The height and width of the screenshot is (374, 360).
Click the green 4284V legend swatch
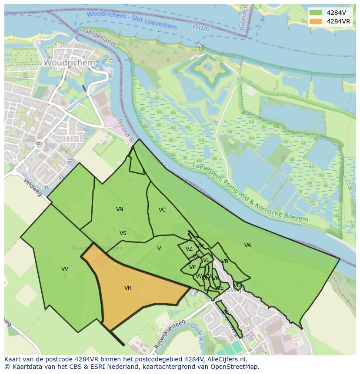(316, 12)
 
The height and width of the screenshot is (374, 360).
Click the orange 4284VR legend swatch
(316, 21)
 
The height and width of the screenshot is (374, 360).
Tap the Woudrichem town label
(69, 63)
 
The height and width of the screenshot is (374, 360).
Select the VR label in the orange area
(128, 288)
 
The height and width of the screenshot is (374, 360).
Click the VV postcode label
(65, 269)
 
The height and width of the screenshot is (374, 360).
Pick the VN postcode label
(120, 209)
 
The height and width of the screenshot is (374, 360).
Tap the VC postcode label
(162, 210)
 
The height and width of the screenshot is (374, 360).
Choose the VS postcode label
(123, 233)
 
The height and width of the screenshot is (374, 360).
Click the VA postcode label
(248, 245)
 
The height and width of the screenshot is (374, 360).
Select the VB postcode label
(225, 261)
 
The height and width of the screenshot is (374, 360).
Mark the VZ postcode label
(189, 249)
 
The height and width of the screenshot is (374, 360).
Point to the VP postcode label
(192, 267)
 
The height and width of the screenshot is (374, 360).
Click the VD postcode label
(237, 285)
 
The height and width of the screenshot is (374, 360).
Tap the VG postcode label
(225, 312)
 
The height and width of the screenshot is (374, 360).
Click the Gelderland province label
(99, 37)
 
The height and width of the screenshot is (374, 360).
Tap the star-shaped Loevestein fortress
(207, 69)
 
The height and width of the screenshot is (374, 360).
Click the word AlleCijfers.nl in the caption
(226, 359)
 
